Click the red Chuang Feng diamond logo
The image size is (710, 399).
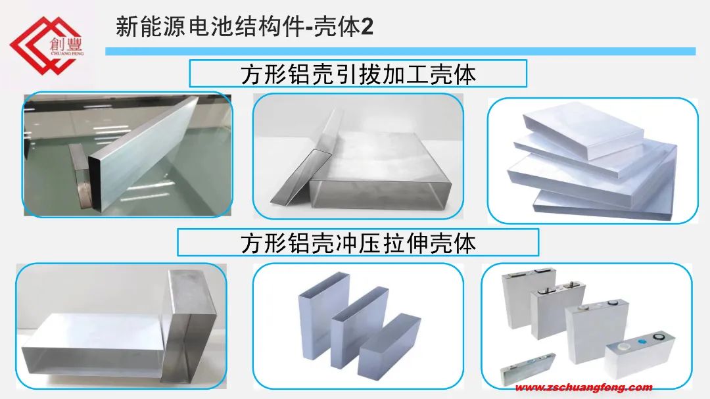[x=45, y=45]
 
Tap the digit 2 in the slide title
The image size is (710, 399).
[x=367, y=27]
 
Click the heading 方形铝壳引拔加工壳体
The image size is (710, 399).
[x=358, y=74]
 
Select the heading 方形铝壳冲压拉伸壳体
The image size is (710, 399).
[x=358, y=243]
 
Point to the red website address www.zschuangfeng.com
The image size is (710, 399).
[x=584, y=387]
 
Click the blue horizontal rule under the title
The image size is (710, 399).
[x=400, y=51]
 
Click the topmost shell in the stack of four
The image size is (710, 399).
[x=583, y=129]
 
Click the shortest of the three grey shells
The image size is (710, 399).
[x=389, y=346]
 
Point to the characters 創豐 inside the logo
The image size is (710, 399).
[x=66, y=44]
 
